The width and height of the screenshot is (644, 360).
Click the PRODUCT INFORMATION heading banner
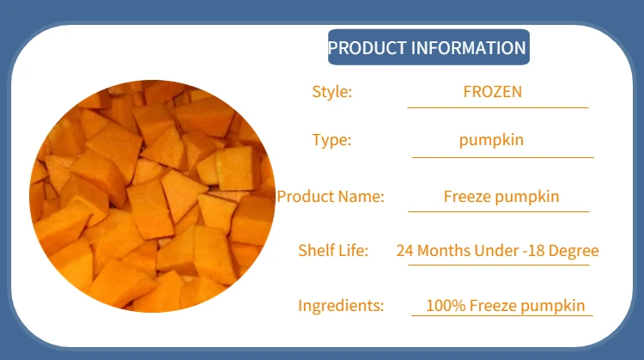(x=428, y=47)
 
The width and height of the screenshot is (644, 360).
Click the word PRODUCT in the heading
(x=368, y=47)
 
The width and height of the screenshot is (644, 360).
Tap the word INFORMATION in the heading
(x=469, y=47)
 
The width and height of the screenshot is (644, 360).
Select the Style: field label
(x=331, y=92)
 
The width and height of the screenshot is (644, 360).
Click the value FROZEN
(x=492, y=92)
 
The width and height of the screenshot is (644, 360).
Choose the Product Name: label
(x=331, y=197)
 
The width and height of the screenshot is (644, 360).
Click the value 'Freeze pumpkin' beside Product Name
(x=501, y=197)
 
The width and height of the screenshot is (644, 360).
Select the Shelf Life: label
(x=333, y=251)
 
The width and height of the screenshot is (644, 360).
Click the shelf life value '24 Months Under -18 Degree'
(x=497, y=251)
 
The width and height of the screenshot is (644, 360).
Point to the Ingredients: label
(x=341, y=305)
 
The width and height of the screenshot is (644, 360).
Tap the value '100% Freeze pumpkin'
(x=506, y=305)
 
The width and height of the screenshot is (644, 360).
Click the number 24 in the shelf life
(x=404, y=251)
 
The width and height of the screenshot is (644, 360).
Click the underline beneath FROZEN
(x=497, y=107)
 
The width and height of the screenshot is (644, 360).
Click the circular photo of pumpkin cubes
(x=152, y=197)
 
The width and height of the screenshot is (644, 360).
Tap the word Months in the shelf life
(x=442, y=251)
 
